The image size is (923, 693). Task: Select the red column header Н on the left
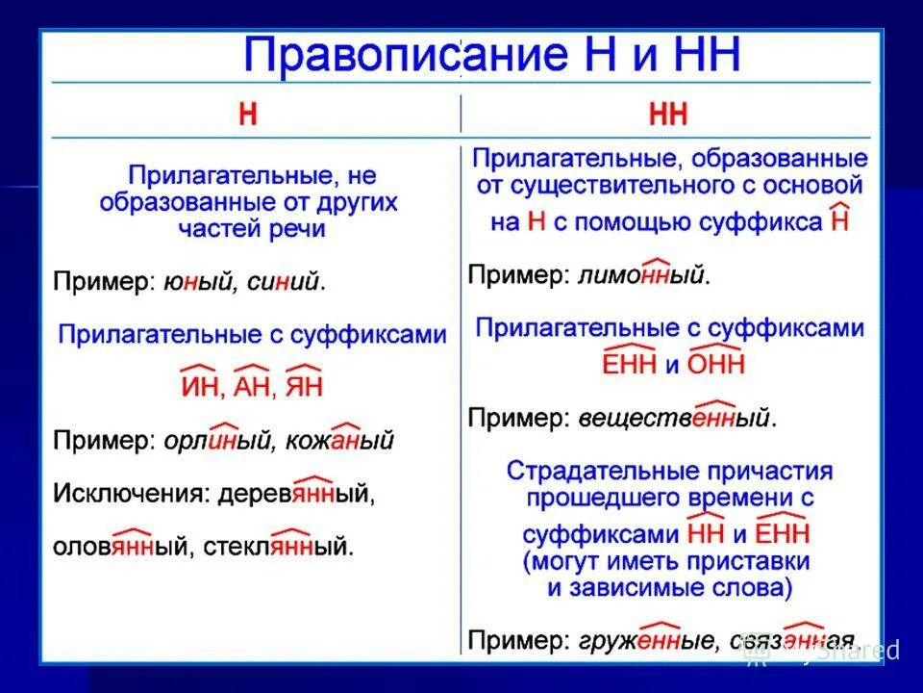coord(248,115)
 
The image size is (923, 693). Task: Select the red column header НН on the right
coord(668,115)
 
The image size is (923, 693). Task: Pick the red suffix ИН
coord(198,387)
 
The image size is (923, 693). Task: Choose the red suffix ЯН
coord(304,387)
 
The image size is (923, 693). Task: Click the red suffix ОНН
coord(716,365)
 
